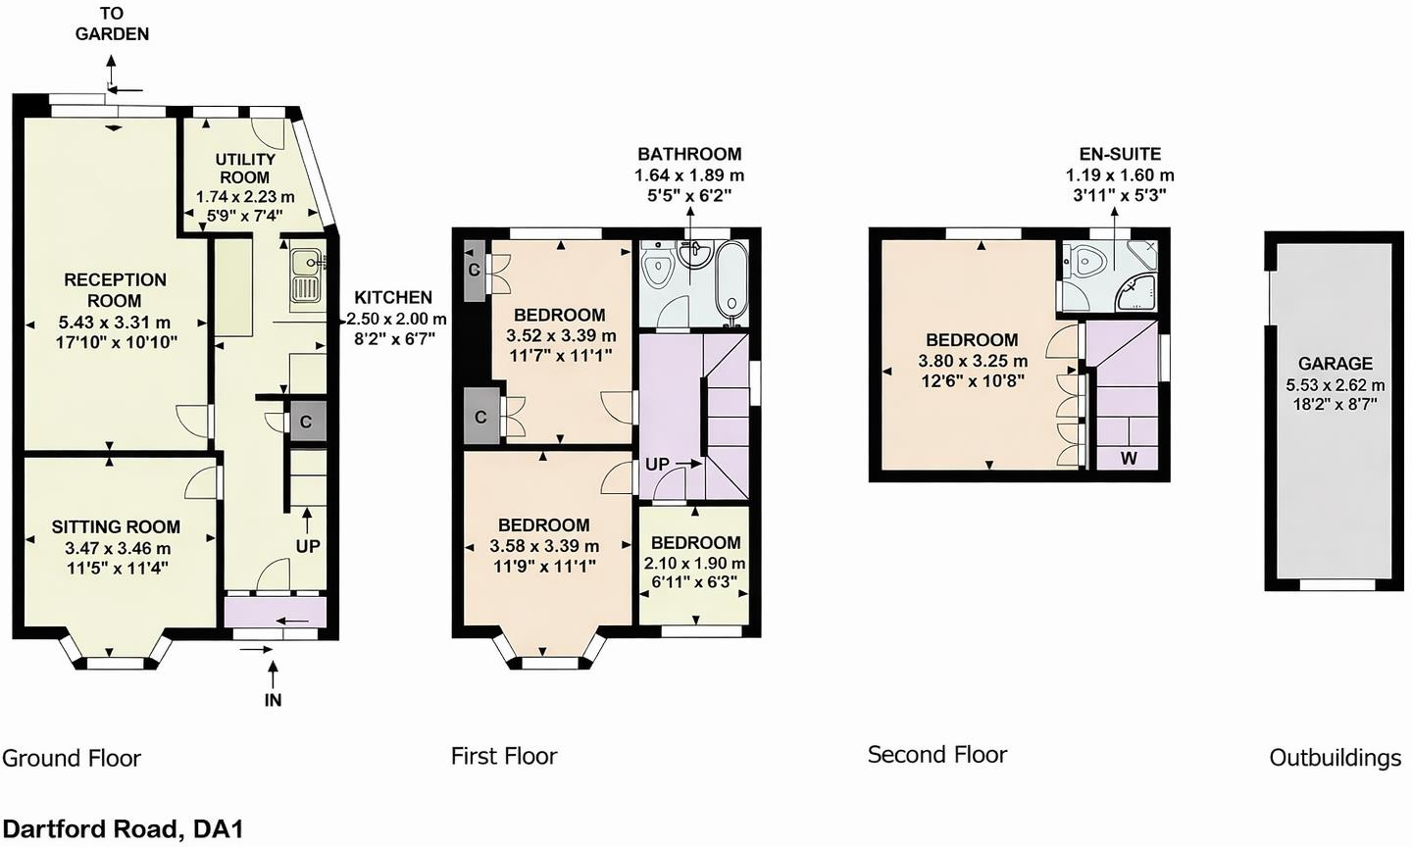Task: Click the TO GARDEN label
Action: click(x=112, y=24)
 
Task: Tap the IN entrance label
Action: click(x=273, y=700)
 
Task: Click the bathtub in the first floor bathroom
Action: click(x=731, y=283)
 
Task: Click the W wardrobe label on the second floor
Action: click(x=1129, y=458)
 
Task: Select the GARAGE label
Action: click(x=1336, y=363)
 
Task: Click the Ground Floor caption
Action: click(x=72, y=758)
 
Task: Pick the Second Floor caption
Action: click(x=937, y=755)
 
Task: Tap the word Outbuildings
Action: click(x=1336, y=758)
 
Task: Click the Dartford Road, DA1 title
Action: click(x=123, y=828)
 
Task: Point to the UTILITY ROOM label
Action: click(x=245, y=169)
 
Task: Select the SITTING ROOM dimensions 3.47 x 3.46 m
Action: click(x=118, y=548)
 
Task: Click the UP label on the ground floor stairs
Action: click(x=308, y=546)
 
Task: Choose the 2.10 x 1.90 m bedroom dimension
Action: click(x=694, y=563)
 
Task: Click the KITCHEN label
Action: click(x=393, y=297)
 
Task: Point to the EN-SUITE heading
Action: click(x=1120, y=154)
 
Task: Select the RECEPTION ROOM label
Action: click(x=116, y=290)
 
